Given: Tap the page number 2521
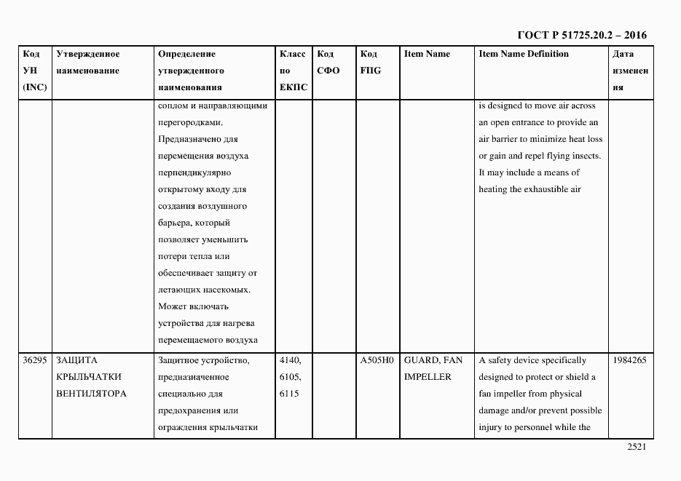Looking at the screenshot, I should click(x=637, y=448).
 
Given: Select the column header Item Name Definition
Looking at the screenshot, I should click(x=523, y=54).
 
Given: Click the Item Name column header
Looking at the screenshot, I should click(x=427, y=54).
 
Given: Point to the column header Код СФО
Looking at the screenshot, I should click(x=328, y=62).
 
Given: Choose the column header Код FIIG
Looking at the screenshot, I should click(x=370, y=62).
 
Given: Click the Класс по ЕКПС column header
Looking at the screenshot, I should click(x=293, y=71).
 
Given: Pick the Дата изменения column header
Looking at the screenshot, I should click(x=630, y=71).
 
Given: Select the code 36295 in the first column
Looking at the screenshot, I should click(x=34, y=360).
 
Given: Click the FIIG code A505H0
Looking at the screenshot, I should click(x=377, y=360).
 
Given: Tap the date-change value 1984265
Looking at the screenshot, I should click(x=630, y=360).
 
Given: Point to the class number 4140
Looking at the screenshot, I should click(x=289, y=360).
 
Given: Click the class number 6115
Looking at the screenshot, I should click(x=289, y=394).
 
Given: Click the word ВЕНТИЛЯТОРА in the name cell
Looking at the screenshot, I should click(x=91, y=394).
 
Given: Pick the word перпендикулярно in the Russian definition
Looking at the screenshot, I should click(x=194, y=172).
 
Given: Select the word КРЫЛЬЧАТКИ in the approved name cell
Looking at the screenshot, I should click(x=88, y=377).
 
